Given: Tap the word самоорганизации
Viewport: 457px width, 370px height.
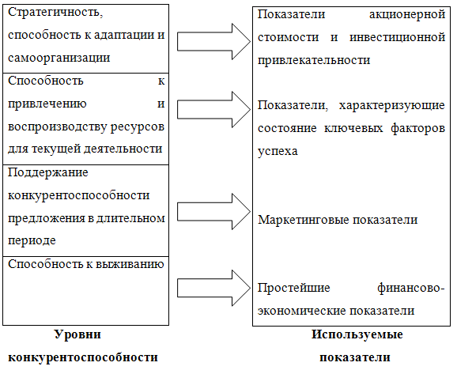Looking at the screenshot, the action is point(59,59).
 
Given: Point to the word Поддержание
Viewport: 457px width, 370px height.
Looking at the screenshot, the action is point(47,173).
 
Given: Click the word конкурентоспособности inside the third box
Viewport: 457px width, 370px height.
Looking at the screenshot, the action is point(79,196).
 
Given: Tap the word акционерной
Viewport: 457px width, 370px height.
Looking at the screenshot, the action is point(407,14).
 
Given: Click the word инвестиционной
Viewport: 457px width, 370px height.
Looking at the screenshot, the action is point(397,38).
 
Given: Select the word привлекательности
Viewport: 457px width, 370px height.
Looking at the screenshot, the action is point(314,61).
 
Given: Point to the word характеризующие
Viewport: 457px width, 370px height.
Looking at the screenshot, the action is point(392,106).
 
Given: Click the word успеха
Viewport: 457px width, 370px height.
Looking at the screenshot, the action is point(278,152).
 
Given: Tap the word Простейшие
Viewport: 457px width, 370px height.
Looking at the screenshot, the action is point(294,288).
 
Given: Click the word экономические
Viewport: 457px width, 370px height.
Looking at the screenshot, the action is point(302,311).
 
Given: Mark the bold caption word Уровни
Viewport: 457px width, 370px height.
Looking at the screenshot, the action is point(77,334).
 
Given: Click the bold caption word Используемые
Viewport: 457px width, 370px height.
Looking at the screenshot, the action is point(357,334).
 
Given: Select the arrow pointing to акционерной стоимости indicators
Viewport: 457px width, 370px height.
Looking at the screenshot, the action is point(213,42).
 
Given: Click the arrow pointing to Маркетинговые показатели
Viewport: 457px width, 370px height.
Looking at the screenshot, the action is point(213,212).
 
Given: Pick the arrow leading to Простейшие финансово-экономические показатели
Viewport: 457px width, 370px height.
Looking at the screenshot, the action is point(213,288).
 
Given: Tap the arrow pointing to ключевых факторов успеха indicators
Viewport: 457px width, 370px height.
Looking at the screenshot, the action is point(213,110).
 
